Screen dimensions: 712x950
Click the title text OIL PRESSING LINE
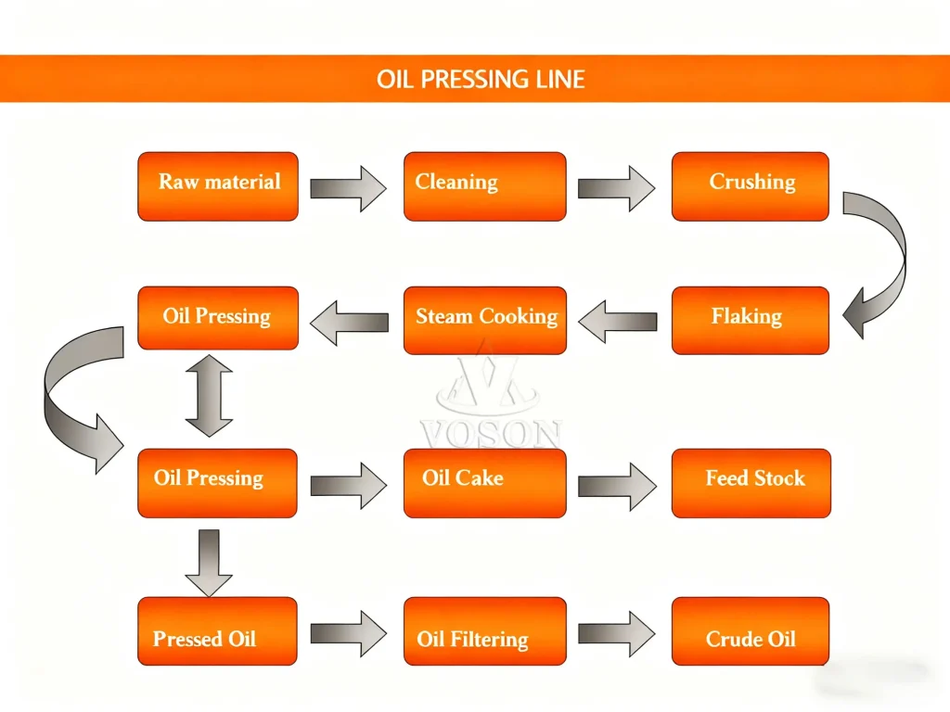pos(481,79)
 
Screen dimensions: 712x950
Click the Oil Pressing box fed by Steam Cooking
pos(218,318)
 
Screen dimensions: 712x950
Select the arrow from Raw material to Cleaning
pos(348,189)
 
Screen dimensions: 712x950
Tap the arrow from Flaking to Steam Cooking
pos(617,322)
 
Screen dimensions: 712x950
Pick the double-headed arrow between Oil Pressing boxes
pos(210,396)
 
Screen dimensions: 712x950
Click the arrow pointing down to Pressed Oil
pos(209,562)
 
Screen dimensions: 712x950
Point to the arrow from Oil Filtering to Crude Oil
pos(617,633)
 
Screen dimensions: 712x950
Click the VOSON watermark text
pos(490,434)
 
